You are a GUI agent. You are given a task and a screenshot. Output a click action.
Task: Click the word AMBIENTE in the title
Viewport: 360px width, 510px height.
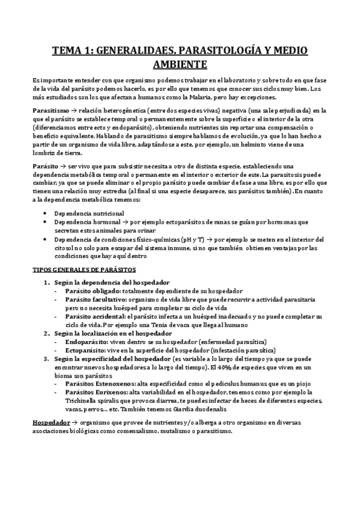180,64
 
